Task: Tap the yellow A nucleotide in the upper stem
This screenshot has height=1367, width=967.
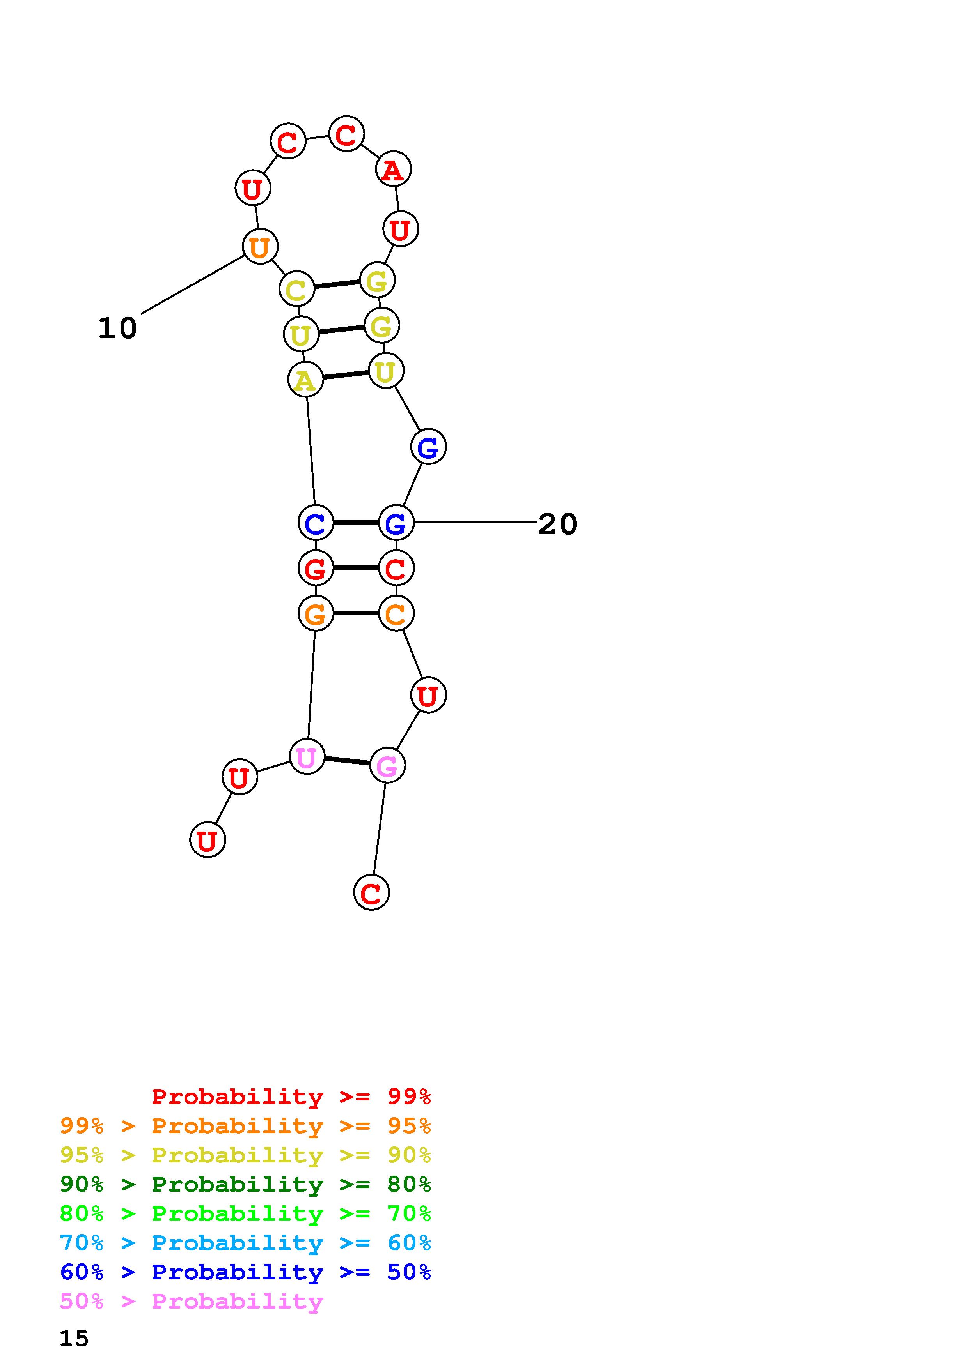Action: tap(305, 380)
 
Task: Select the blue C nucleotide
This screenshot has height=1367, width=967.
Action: tap(315, 523)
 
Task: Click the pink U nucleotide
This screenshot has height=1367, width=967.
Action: tap(306, 757)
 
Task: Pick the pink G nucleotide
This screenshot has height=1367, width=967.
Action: tap(387, 766)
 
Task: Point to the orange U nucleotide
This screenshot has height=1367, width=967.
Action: tap(260, 247)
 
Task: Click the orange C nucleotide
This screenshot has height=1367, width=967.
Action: tap(396, 614)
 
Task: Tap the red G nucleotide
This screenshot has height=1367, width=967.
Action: tap(315, 569)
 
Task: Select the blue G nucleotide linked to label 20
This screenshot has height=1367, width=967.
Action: tap(396, 523)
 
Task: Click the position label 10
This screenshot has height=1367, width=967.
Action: tap(117, 328)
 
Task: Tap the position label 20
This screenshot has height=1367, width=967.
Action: tap(557, 524)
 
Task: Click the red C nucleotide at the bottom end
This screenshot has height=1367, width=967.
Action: tap(371, 892)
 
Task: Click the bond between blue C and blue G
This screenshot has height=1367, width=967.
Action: tap(356, 523)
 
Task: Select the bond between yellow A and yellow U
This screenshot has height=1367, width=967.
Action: tap(346, 375)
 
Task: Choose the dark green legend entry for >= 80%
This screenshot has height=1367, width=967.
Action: tap(245, 1184)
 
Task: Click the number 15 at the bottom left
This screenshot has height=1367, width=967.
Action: tap(74, 1339)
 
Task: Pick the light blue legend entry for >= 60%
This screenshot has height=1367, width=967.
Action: tap(245, 1243)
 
